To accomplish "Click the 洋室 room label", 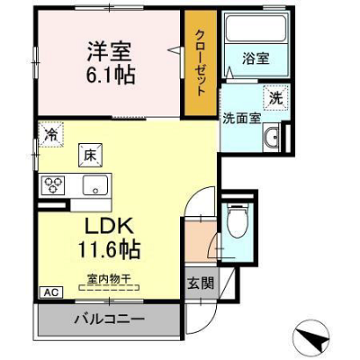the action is click(109, 51).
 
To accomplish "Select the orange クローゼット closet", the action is click(201, 63).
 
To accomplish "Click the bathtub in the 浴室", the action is click(256, 29).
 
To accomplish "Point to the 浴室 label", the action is click(256, 58).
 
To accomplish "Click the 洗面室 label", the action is click(241, 119).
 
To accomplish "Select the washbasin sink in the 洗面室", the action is click(272, 138).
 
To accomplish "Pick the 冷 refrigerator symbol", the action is click(50, 134).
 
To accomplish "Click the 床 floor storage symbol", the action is click(90, 156).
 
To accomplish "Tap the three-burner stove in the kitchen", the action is click(53, 184).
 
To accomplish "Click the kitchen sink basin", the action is click(95, 185).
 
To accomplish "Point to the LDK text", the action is click(109, 226).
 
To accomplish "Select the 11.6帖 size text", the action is click(109, 249).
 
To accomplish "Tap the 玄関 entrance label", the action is click(201, 283).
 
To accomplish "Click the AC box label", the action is click(50, 292).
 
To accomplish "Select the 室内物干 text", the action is click(109, 279).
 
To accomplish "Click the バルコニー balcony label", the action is click(109, 319).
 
